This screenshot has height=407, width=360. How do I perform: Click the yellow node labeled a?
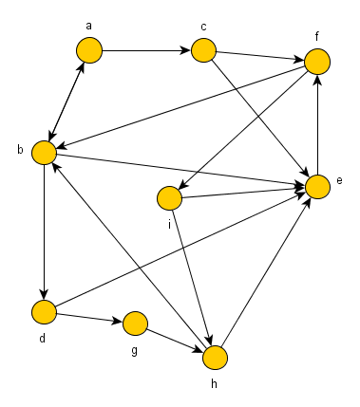pos(89,50)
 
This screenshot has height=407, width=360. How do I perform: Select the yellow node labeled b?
pos(43,152)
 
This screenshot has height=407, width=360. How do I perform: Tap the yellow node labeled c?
pos(203,50)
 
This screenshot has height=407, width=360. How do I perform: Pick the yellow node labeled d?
pos(43,311)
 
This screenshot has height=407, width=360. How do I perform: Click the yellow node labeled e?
pos(316,185)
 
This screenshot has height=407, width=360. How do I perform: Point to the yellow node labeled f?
pos(316,62)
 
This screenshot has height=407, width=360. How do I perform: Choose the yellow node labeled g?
pos(135,324)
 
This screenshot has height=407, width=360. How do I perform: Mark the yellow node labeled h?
pos(216,358)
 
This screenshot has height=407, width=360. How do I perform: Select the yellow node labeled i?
pos(169,199)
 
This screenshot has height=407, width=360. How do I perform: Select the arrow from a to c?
pos(146,50)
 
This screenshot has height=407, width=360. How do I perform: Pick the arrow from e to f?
pos(316,123)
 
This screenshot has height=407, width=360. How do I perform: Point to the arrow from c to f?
pos(259,56)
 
